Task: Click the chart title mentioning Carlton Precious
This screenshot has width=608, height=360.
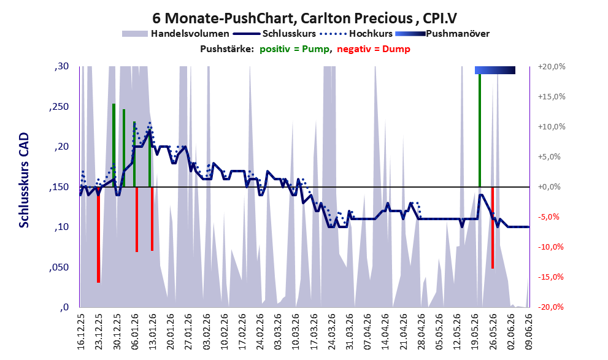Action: [x=304, y=18]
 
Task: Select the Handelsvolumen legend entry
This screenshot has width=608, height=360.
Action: [x=175, y=34]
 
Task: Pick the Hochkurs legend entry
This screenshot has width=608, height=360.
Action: [x=356, y=34]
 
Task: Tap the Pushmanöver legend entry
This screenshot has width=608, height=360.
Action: [x=442, y=34]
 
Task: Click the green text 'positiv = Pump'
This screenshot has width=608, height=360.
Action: [x=294, y=49]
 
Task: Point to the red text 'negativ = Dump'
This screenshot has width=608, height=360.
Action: [x=374, y=49]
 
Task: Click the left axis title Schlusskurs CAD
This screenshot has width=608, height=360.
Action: [x=24, y=180]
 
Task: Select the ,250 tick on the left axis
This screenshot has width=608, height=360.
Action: [x=60, y=107]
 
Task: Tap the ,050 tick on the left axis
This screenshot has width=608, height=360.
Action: [x=60, y=267]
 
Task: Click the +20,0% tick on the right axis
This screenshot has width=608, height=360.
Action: [x=552, y=67]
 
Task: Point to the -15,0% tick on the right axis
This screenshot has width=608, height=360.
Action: [x=550, y=277]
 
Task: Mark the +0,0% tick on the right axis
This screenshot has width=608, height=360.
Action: [x=550, y=187]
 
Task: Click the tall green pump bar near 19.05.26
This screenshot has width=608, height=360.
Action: [x=480, y=130]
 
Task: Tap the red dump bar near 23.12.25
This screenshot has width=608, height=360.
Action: [x=99, y=235]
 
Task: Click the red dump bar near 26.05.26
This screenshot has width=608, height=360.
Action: [x=493, y=228]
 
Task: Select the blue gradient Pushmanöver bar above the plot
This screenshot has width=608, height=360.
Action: [x=495, y=70]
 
